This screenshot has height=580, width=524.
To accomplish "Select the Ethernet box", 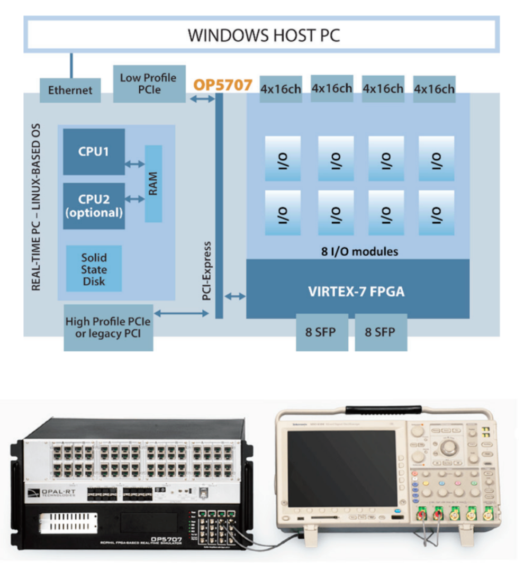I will click(x=70, y=90).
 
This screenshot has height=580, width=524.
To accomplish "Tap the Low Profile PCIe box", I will click(x=150, y=84).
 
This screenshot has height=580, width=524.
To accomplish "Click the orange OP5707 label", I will click(x=222, y=85).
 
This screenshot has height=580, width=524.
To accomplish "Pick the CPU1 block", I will click(x=94, y=151).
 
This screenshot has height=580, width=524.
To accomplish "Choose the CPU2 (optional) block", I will click(x=94, y=206).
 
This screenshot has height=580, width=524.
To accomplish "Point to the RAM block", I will click(x=153, y=183).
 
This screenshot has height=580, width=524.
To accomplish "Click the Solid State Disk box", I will click(x=94, y=269).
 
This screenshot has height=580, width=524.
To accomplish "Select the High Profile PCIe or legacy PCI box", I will click(x=108, y=328).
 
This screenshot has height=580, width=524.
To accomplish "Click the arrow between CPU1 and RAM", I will click(x=135, y=164).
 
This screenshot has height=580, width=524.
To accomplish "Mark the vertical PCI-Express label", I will click(x=207, y=271).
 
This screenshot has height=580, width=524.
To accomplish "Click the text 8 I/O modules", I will click(x=360, y=251).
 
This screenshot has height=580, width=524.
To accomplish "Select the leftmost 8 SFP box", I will click(x=322, y=332).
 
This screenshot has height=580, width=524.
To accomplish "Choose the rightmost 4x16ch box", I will click(x=434, y=88).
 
